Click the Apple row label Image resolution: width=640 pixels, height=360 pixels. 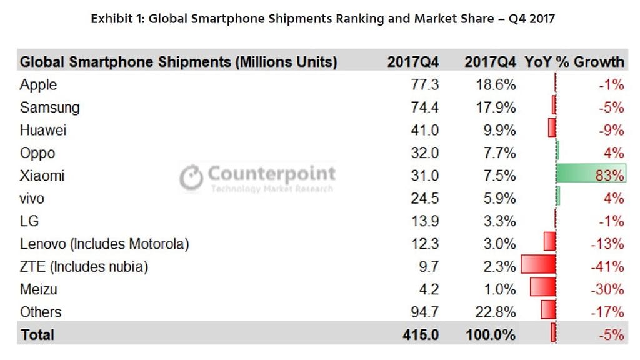(38, 85)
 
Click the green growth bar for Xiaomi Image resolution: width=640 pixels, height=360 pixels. (591, 175)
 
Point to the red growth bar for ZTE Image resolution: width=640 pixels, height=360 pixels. (538, 266)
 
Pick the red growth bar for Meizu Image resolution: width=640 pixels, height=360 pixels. (542, 289)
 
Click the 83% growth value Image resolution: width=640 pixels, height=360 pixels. (610, 176)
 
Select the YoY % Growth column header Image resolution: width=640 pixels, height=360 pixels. (574, 61)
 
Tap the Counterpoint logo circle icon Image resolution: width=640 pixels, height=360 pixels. (191, 177)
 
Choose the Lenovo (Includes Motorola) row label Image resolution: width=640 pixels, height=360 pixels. (104, 244)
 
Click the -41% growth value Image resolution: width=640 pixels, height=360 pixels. (607, 267)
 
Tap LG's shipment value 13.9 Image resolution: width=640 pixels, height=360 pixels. (424, 221)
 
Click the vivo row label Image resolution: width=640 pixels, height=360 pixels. (32, 199)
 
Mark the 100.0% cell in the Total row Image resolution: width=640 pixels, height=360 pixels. (491, 335)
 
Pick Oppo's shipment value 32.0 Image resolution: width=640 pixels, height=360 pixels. (424, 153)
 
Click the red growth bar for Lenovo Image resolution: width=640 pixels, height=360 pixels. (549, 243)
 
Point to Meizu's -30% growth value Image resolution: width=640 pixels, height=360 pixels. (607, 289)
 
